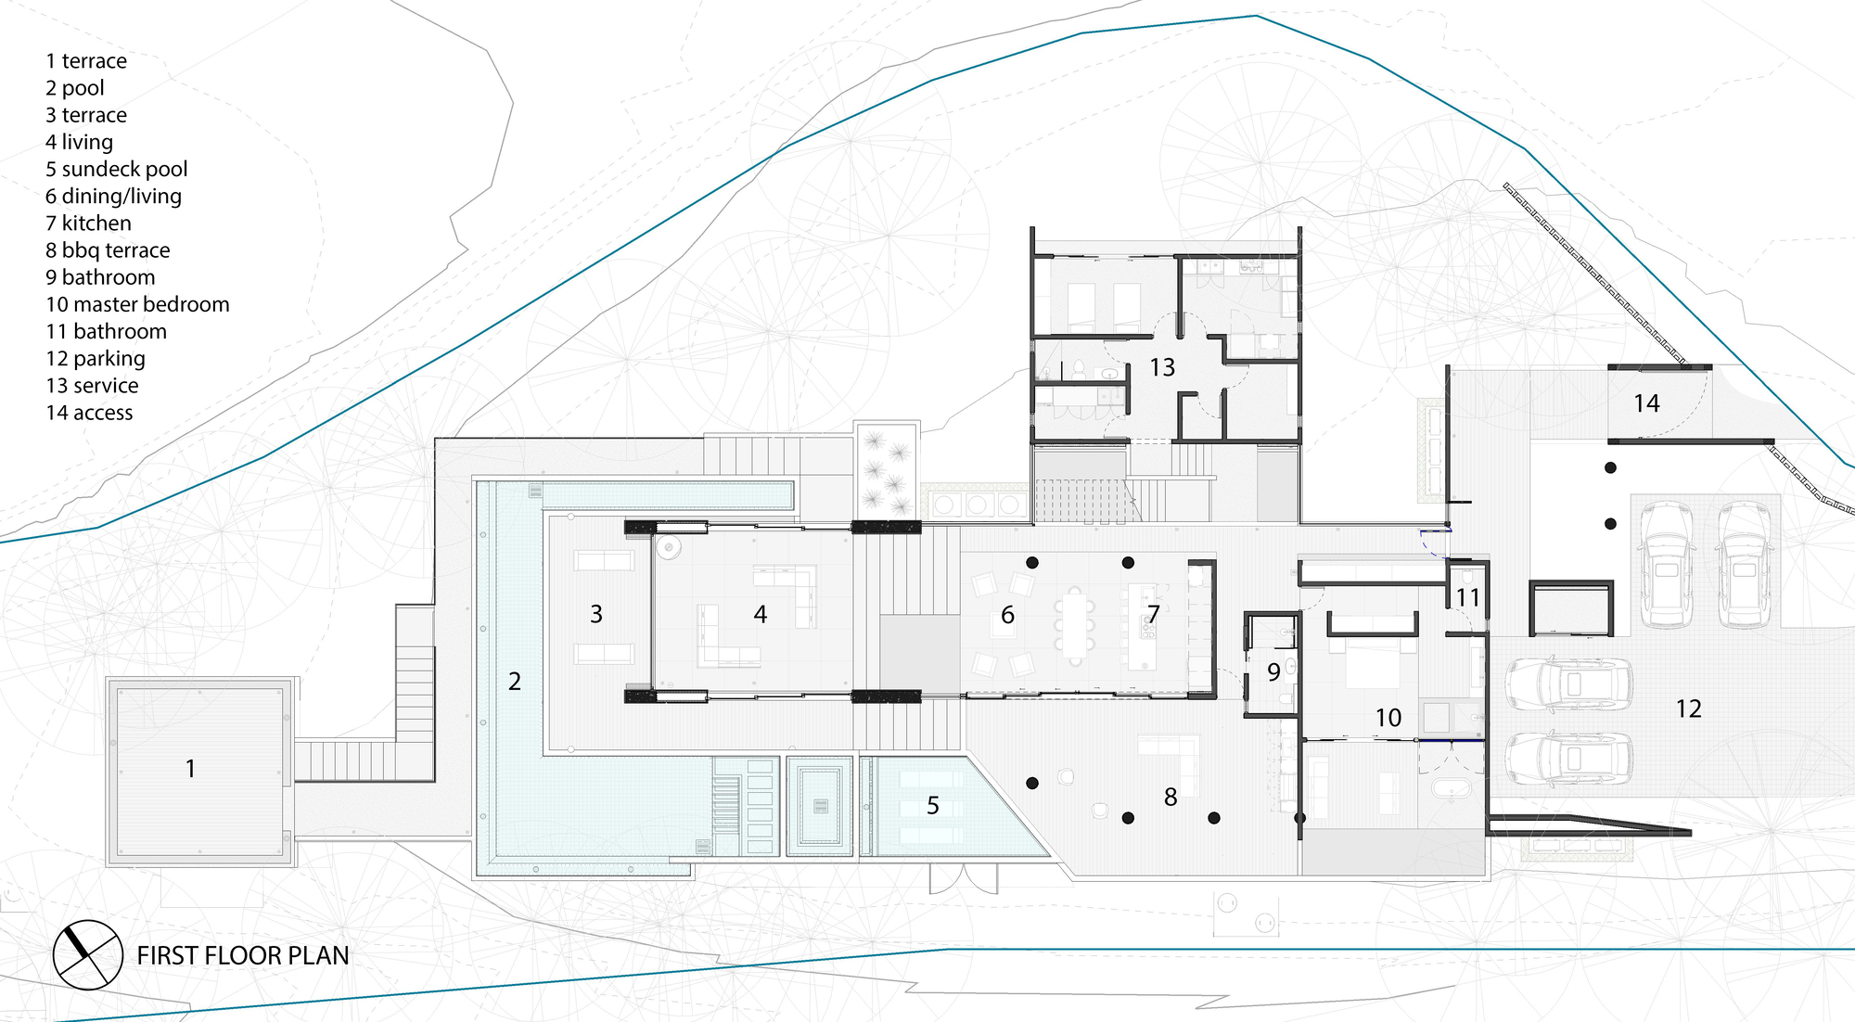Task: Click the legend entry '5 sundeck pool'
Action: pos(117,170)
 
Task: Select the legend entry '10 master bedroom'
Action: pos(137,304)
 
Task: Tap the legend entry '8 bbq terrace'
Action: pos(108,250)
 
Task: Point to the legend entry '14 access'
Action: pos(89,413)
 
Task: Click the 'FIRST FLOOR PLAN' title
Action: pos(243,955)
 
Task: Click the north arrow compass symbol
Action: pos(87,954)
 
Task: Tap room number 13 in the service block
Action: pos(1162,368)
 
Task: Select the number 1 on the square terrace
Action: pos(190,769)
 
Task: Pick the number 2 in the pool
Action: pos(515,682)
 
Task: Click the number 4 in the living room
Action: pos(761,614)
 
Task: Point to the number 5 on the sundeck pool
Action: pos(933,806)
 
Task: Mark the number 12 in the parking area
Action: pos(1689,709)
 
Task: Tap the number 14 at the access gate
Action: pos(1646,403)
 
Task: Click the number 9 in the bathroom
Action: pos(1273,672)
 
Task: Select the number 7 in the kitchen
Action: pos(1154,614)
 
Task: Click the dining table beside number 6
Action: pos(1074,626)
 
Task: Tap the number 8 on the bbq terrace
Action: pos(1171,798)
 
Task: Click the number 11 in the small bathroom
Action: pos(1467,597)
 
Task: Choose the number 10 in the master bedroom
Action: pos(1388,718)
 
